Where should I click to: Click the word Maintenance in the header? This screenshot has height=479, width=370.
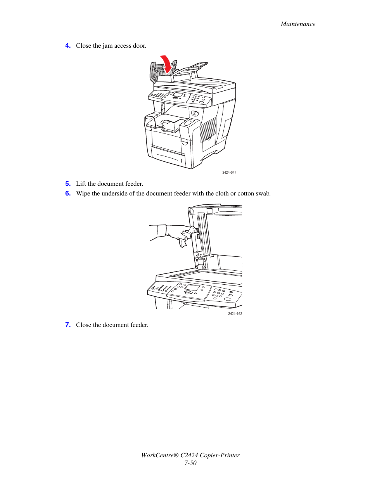click(x=298, y=24)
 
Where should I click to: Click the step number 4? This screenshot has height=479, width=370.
click(x=68, y=46)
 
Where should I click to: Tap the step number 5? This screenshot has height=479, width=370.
click(x=68, y=184)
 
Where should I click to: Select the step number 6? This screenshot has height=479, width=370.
click(x=68, y=194)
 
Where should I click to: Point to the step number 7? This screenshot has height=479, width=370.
click(x=68, y=325)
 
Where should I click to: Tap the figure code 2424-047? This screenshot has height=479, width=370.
click(x=229, y=173)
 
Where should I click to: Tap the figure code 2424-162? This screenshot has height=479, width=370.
click(x=235, y=314)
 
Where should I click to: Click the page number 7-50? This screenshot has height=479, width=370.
click(x=190, y=463)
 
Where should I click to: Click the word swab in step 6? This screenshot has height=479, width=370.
click(x=262, y=194)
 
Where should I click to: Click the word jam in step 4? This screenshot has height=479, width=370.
click(x=107, y=46)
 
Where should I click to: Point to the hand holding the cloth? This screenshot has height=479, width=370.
click(x=180, y=234)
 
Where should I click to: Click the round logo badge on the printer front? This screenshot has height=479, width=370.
click(x=195, y=114)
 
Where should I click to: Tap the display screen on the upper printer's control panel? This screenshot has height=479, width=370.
click(x=178, y=95)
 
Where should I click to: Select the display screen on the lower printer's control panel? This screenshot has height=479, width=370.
click(x=192, y=288)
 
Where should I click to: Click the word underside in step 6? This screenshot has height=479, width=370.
click(x=114, y=194)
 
